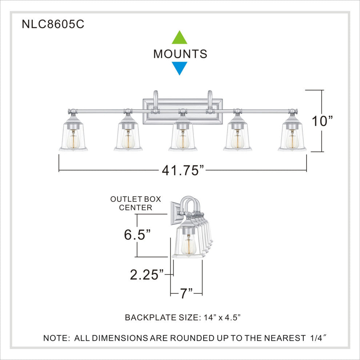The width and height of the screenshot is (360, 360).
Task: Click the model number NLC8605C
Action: tap(53, 24)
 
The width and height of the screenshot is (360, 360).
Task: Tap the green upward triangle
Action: tap(179, 38)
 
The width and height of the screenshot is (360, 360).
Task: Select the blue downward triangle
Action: tap(179, 68)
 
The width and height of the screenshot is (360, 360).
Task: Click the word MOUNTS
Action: tap(180, 54)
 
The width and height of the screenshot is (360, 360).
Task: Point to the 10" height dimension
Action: tap(322, 121)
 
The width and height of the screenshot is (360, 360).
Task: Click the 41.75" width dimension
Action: tap(183, 170)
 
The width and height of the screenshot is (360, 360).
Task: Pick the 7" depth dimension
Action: tap(186, 293)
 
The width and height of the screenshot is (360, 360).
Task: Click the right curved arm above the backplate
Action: tap(209, 99)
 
